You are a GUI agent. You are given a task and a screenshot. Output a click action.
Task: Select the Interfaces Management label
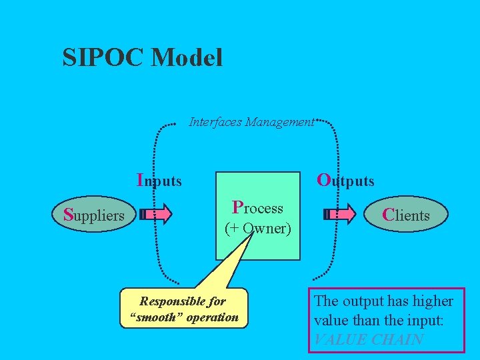251,122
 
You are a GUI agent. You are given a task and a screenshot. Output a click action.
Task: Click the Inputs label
159,180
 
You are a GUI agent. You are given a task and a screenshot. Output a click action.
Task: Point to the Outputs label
345,180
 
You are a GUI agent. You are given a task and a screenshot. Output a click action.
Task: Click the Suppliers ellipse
93,215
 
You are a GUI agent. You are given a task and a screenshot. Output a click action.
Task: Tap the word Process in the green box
257,208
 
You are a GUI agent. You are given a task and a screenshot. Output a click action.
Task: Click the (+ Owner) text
257,228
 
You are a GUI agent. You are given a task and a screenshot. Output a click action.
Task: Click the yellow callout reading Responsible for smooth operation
184,309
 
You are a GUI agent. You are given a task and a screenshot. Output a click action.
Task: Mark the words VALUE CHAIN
368,339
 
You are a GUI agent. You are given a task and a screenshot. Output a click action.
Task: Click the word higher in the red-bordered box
431,301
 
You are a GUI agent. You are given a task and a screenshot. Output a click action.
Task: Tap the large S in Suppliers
67,215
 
